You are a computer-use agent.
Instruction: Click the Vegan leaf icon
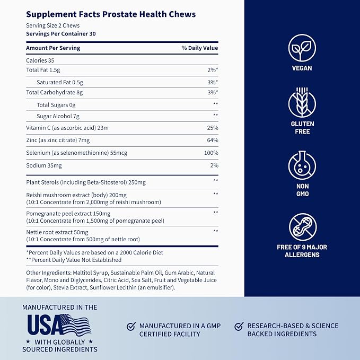pyautogui.click(x=302, y=48)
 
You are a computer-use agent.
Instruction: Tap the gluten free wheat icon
pyautogui.click(x=302, y=103)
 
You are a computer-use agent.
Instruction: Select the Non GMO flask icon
pyautogui.click(x=302, y=165)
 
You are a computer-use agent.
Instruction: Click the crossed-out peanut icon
pyautogui.click(x=303, y=227)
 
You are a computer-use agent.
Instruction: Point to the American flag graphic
pyautogui.click(x=75, y=324)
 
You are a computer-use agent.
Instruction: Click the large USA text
pyautogui.click(x=45, y=324)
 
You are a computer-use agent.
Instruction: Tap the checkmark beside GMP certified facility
pyautogui.click(x=131, y=326)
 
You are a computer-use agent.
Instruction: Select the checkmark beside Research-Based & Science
pyautogui.click(x=239, y=326)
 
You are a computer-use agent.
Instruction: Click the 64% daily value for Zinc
pyautogui.click(x=213, y=140)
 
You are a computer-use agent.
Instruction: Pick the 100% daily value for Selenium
pyautogui.click(x=211, y=153)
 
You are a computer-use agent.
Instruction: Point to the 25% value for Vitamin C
pyautogui.click(x=213, y=128)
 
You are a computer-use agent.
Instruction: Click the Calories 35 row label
pyautogui.click(x=40, y=60)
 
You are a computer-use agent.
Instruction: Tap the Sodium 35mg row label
pyautogui.click(x=44, y=165)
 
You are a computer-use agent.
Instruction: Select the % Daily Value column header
pyautogui.click(x=199, y=48)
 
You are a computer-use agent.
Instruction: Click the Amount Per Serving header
pyautogui.click(x=53, y=48)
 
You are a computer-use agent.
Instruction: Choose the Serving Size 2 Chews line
pyautogui.click(x=53, y=25)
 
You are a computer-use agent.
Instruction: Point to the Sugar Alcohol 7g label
pyautogui.click(x=58, y=117)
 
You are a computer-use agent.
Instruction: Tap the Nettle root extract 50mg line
pyautogui.click(x=57, y=232)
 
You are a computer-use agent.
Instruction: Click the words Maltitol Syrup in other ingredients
pyautogui.click(x=90, y=273)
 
